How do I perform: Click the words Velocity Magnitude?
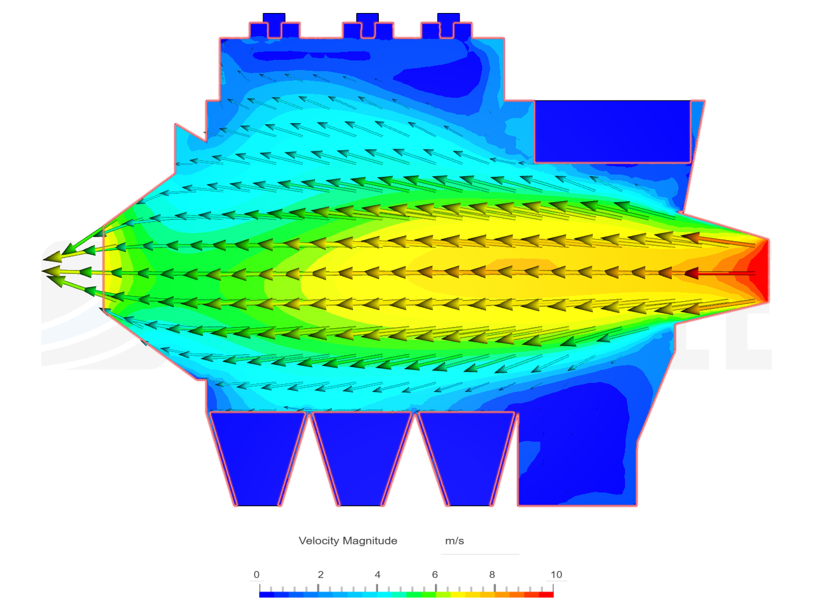(347, 541)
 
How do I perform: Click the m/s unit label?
(454, 541)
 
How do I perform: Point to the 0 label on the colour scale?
(256, 574)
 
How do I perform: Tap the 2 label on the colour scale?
(320, 574)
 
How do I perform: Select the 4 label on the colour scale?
(378, 574)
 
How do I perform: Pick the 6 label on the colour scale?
(435, 574)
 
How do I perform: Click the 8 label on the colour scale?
(492, 574)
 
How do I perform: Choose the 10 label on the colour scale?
(556, 574)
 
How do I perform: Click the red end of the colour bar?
(546, 595)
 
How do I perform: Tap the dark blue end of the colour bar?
(266, 595)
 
